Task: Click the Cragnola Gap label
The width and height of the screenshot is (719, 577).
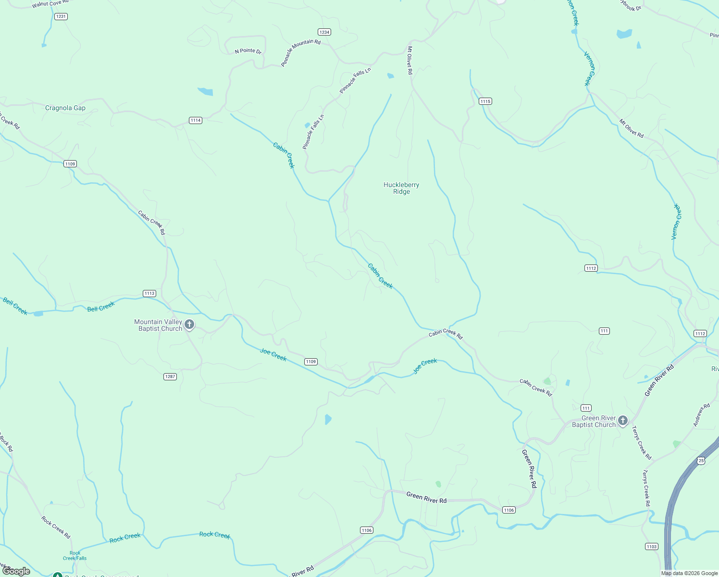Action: pos(65,108)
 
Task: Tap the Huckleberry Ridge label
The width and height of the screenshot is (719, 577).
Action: pos(401,188)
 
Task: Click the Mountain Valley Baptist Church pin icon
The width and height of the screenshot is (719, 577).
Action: pos(189,325)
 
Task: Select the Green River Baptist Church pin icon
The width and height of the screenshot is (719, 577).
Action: pos(623,421)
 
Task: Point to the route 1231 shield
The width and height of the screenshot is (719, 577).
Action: pos(61,16)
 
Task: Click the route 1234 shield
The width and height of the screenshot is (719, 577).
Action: pos(324,32)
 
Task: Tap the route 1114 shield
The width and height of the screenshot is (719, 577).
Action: pos(195,120)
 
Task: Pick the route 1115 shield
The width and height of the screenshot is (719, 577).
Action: pos(485,101)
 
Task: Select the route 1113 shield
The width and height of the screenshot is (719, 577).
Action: pos(149,293)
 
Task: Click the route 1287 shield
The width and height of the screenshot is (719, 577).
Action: pos(170,376)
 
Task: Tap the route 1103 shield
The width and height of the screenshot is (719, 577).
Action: pos(651,546)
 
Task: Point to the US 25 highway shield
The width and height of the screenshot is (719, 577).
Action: pos(701,461)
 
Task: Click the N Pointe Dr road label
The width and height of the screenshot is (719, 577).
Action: pos(248,51)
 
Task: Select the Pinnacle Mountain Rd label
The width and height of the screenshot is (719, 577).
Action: pos(300,53)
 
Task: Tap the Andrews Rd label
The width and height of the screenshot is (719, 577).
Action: pos(702,415)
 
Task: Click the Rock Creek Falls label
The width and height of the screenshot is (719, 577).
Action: pos(75,556)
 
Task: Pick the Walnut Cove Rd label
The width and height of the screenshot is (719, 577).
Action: pos(50,4)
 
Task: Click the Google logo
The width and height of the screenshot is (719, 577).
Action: pos(16,571)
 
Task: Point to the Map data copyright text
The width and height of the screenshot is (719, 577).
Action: pos(689,573)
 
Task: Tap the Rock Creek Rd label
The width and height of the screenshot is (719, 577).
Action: pos(56,527)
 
